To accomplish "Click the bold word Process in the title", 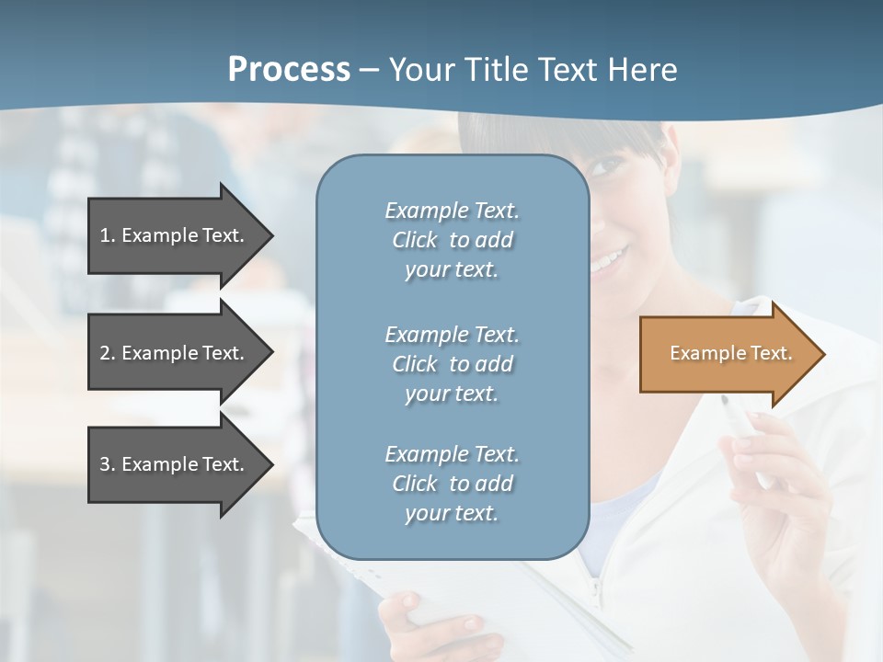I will pos(289,70).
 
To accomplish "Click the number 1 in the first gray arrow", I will pos(105,235).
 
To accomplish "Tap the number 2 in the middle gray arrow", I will pos(105,353).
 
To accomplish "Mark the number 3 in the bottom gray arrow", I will pos(105,464).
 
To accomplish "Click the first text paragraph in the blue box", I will pos(452,240).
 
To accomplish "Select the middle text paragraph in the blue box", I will pos(452,363).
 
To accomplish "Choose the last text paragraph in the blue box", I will pos(452,483).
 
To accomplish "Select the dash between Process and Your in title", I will pos(370,72).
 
